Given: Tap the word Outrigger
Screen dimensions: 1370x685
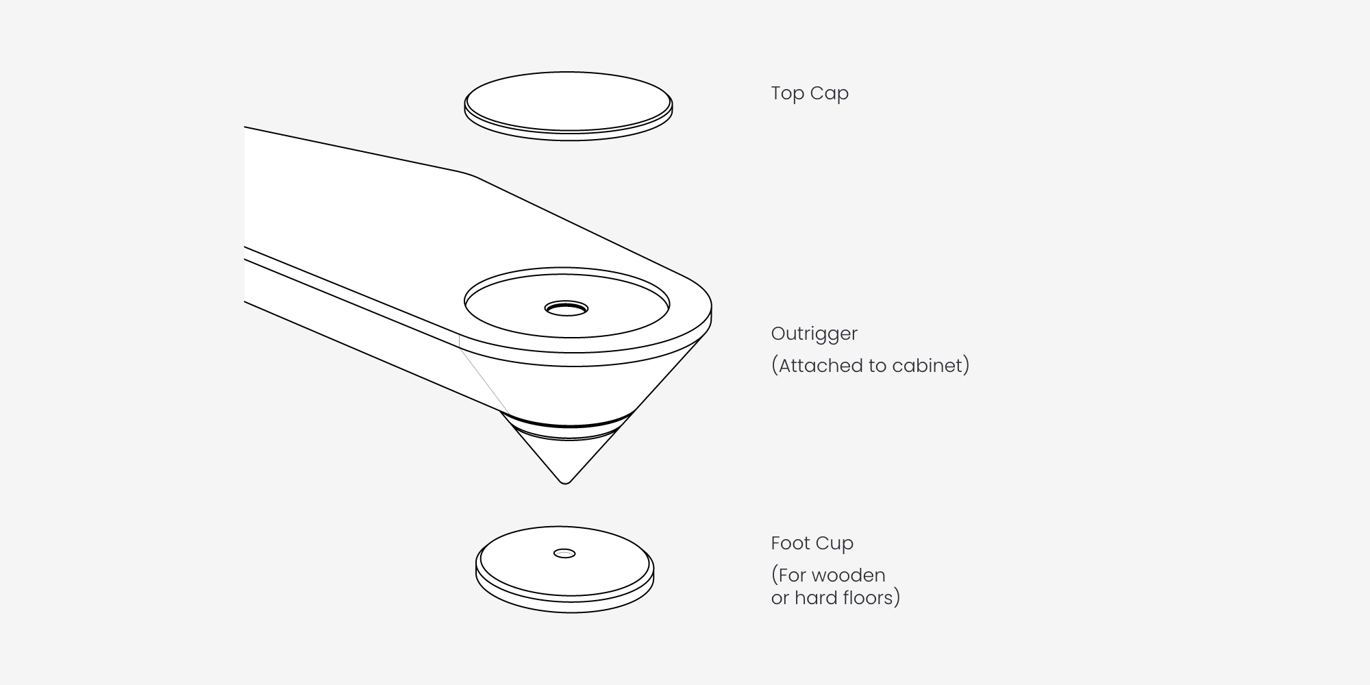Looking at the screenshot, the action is [814, 334].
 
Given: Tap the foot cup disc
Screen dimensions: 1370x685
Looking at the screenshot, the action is [565, 569].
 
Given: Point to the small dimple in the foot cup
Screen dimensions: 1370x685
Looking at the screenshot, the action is [564, 553].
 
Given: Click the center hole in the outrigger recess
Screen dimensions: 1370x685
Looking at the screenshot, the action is [566, 308].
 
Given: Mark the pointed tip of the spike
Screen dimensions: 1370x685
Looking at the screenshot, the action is [566, 483].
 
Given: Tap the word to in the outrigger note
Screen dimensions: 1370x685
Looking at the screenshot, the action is [879, 366].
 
